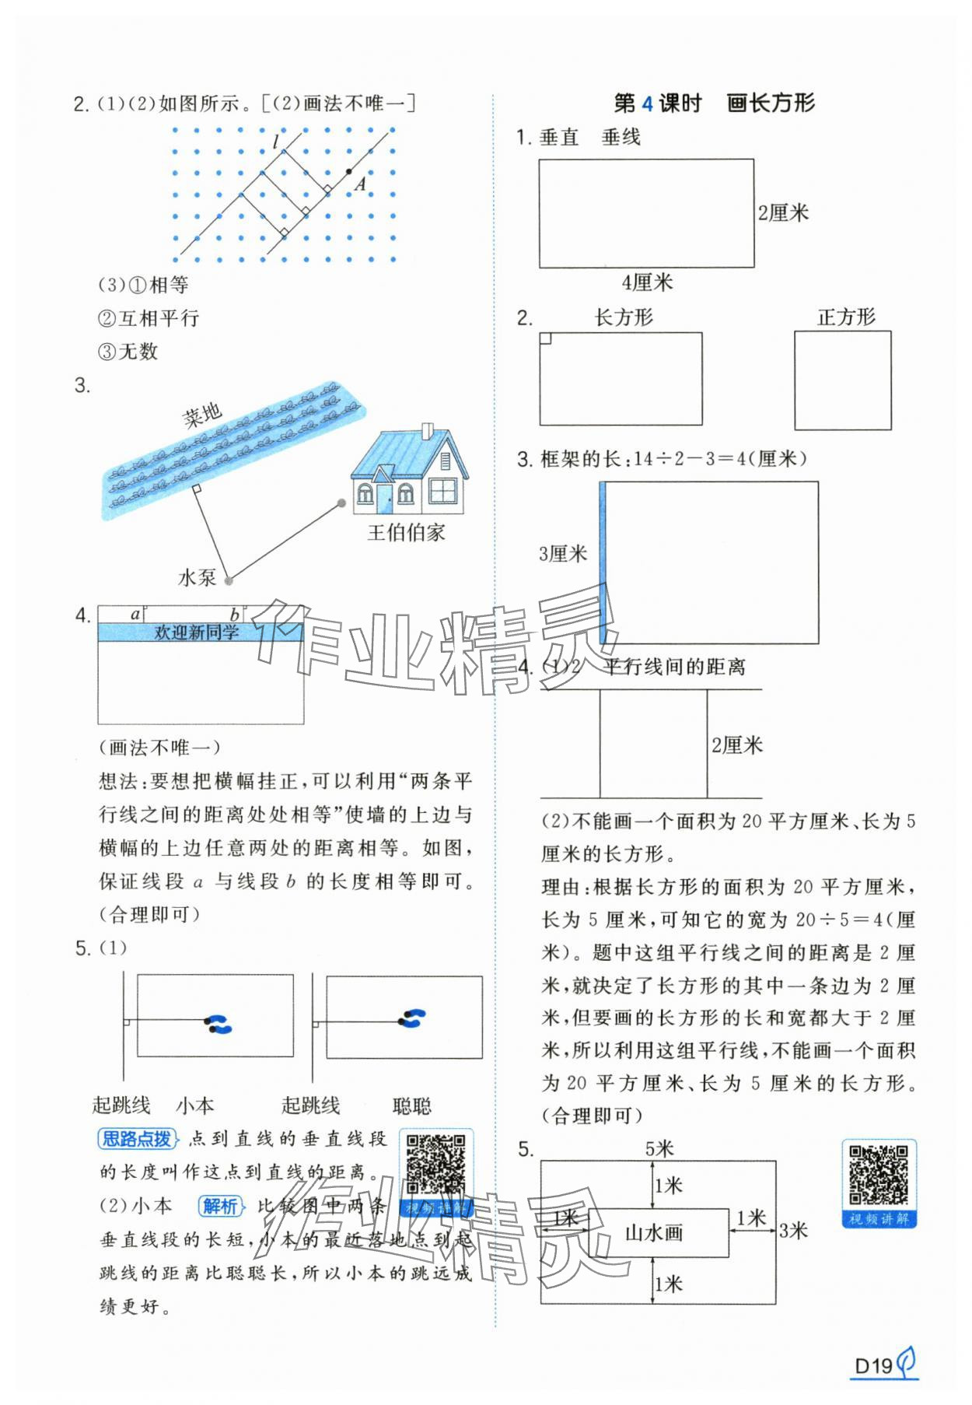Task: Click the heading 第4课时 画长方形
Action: pos(714,103)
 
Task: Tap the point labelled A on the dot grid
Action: pos(348,172)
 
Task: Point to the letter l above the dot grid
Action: pos(275,142)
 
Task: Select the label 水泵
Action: pos(197,577)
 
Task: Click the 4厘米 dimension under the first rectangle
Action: pos(647,282)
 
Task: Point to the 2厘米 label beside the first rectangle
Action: pos(783,212)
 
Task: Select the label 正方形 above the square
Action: pos(846,317)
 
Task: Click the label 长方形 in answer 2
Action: pos(624,317)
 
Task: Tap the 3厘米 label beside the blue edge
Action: pos(563,554)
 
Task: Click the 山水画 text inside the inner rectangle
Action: pos(654,1232)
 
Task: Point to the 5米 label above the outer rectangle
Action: pos(659,1148)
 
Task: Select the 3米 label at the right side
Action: pos(793,1231)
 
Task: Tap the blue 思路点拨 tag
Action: pos(138,1139)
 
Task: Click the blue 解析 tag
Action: pos(220,1206)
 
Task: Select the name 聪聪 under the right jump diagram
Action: pos(411,1105)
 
